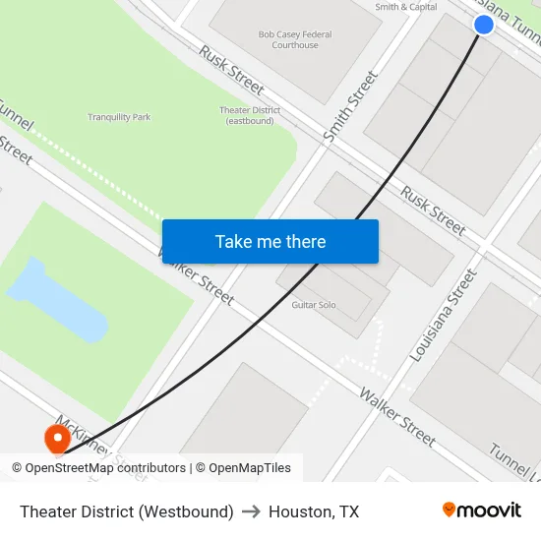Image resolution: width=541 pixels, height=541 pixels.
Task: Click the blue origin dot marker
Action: [x=483, y=25]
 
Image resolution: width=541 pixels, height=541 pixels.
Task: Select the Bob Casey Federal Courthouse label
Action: [x=295, y=39]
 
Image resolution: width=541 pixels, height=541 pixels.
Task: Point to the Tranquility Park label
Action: [x=119, y=117]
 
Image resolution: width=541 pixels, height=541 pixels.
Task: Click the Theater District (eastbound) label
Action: [x=249, y=115]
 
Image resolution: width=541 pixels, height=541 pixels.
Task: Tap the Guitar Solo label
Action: [x=314, y=305]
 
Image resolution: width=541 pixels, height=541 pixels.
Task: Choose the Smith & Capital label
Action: [x=406, y=7]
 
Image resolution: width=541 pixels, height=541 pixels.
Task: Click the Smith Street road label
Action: [x=350, y=106]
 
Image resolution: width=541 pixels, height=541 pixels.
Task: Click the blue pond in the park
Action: [x=60, y=298]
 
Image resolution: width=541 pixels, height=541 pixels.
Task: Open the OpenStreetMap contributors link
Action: [x=107, y=468]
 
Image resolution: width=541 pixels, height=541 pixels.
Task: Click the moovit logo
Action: [x=482, y=510]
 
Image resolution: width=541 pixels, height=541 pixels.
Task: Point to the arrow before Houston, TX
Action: [x=251, y=511]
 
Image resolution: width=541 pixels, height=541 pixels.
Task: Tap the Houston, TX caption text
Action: [x=314, y=511]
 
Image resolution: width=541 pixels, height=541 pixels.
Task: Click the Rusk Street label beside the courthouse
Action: [x=232, y=65]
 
